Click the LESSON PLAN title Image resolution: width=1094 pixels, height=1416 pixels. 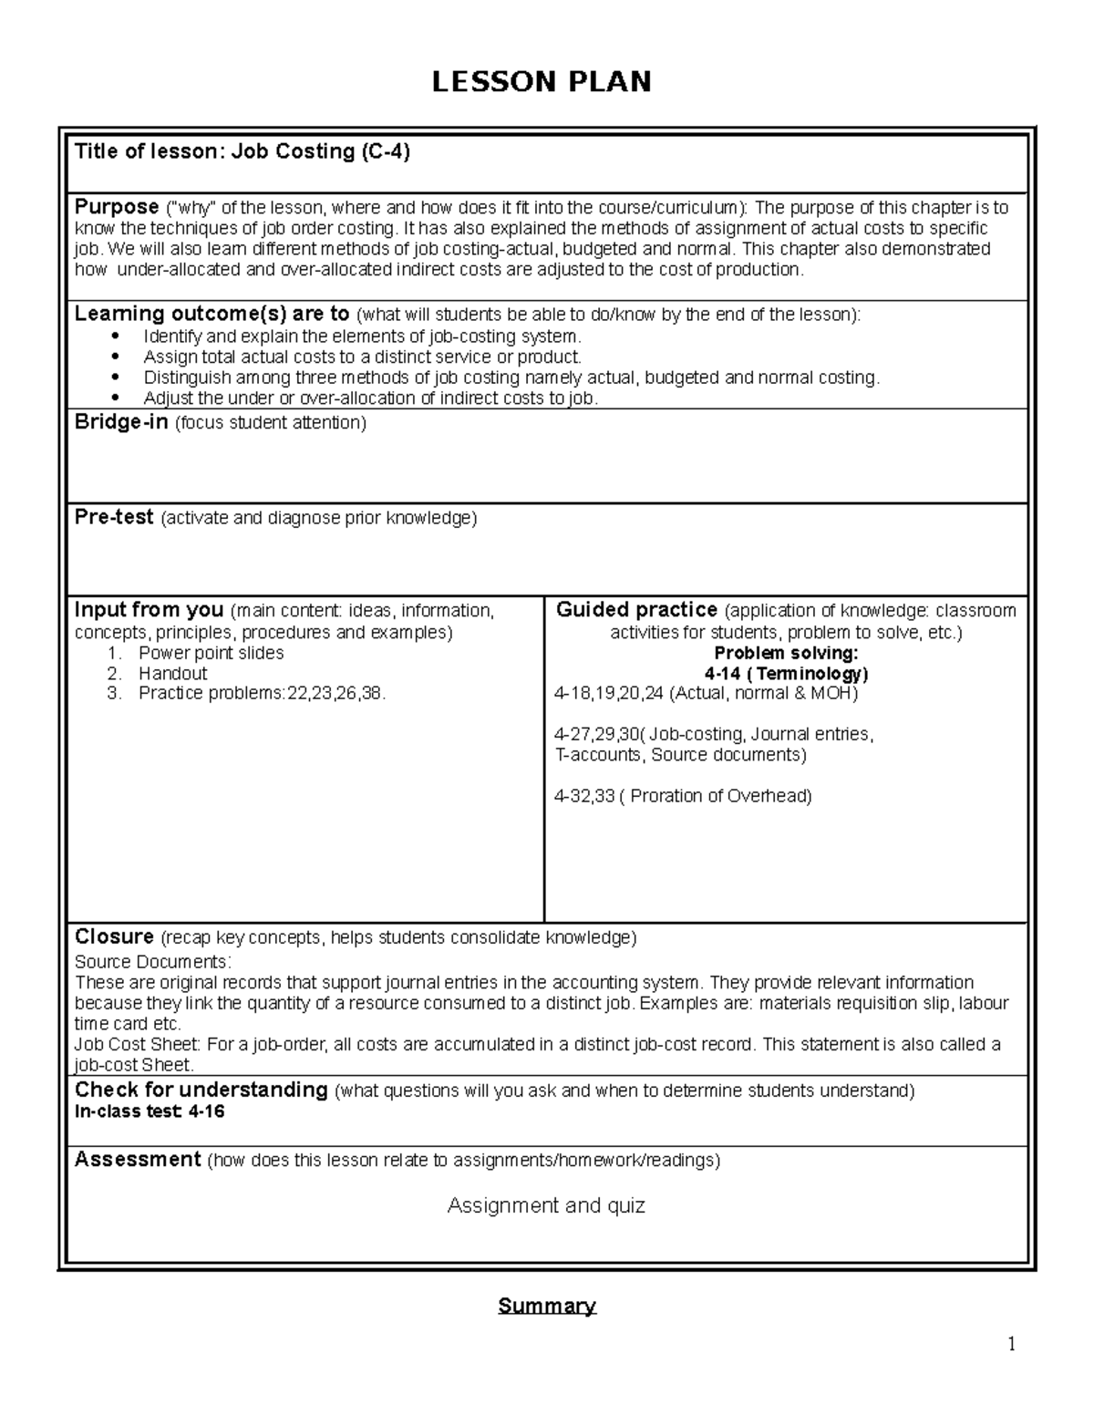point(542,82)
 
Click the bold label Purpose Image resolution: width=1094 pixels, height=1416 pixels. point(117,207)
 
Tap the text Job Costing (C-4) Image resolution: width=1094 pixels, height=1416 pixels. point(320,151)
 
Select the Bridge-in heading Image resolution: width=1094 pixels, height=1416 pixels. point(121,422)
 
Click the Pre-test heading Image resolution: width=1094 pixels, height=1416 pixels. point(114,518)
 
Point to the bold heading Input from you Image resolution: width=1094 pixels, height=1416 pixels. point(149,610)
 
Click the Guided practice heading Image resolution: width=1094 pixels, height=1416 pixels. point(636,610)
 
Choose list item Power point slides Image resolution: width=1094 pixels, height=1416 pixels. point(211,653)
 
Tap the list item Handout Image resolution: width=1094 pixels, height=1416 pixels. point(172,673)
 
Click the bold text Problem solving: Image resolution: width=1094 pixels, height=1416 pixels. point(786,653)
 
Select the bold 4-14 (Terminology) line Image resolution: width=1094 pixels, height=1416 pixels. point(786,674)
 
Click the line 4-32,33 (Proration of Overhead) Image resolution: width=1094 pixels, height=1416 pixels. point(683,796)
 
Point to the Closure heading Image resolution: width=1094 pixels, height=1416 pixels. point(114,937)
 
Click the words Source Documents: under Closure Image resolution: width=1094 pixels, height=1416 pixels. point(153,962)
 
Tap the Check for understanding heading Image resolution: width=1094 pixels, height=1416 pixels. point(201,1090)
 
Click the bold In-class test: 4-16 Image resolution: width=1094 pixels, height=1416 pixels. point(150,1111)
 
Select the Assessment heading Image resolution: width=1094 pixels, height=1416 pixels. point(138,1160)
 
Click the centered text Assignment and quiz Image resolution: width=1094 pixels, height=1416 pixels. point(546,1205)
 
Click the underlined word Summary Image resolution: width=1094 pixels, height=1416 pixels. point(547,1306)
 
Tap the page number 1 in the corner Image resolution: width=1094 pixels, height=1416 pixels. point(1011,1344)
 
